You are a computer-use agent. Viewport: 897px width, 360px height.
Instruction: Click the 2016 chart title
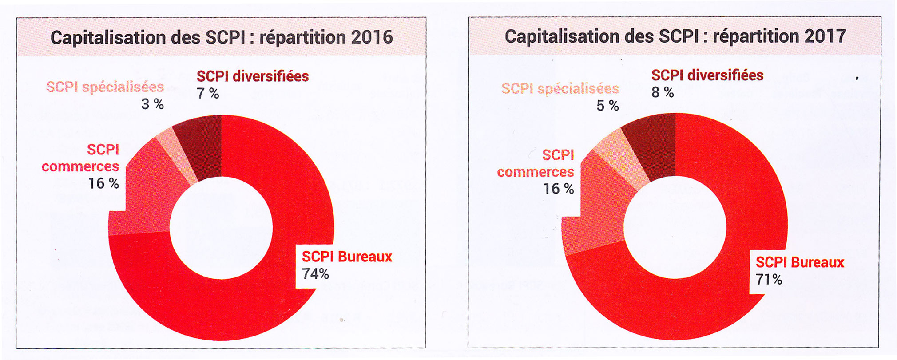(222, 37)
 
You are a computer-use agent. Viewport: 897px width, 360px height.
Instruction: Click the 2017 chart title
(675, 36)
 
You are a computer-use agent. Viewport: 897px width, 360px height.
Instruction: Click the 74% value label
(315, 274)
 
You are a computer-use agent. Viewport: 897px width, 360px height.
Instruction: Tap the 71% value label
(769, 280)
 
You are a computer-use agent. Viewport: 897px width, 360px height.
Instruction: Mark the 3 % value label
(153, 104)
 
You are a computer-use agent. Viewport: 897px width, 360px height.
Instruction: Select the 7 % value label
(208, 94)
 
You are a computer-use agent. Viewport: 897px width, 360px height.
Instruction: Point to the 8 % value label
(663, 92)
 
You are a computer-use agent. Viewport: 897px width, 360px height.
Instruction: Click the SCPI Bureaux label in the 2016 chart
(347, 257)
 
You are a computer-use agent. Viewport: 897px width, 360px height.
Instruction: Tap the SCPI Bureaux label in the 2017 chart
(800, 262)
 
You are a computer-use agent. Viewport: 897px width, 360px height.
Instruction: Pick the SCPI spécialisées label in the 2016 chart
(105, 87)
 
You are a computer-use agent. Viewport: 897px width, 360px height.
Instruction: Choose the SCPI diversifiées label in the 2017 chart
(707, 75)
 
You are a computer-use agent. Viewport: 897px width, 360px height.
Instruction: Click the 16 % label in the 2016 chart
(103, 183)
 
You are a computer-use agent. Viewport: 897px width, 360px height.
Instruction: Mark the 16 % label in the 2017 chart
(559, 189)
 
